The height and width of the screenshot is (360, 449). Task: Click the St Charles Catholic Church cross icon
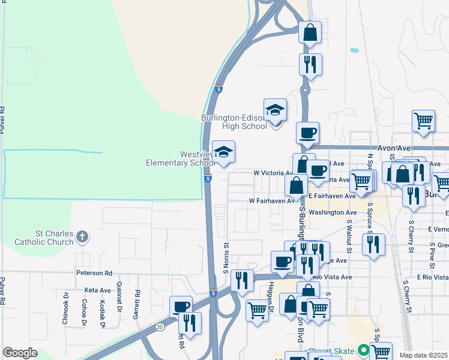[83, 238]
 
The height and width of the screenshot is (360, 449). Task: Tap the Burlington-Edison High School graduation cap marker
[275, 110]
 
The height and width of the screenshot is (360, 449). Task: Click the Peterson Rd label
[94, 273]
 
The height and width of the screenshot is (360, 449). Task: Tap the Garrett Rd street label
[137, 302]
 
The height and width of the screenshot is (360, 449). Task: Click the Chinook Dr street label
[65, 309]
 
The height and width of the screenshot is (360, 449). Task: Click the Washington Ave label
[333, 212]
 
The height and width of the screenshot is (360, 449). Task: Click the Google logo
[20, 353]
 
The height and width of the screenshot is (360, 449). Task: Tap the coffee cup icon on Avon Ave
[307, 133]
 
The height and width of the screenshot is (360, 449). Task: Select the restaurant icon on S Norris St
[241, 280]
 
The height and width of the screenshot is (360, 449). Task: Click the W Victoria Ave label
[272, 173]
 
